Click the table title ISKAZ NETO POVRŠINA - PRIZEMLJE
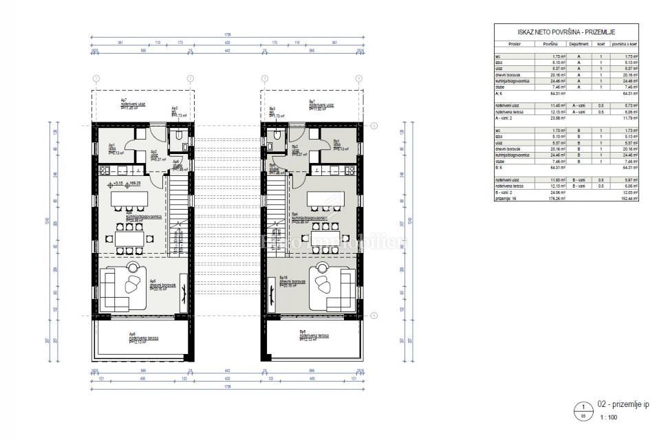tap(566, 32)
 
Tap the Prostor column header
tap(516, 43)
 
